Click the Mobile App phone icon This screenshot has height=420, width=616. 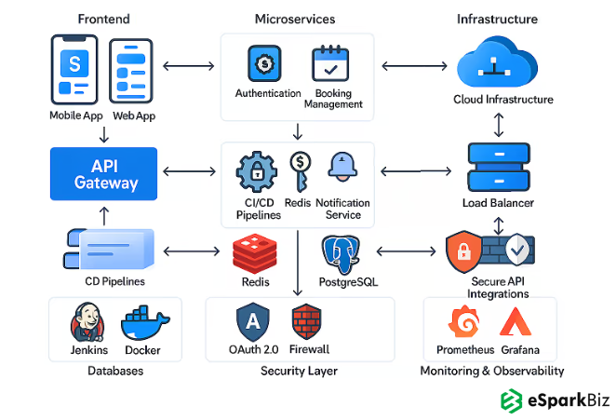click(x=74, y=70)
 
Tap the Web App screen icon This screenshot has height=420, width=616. click(x=132, y=70)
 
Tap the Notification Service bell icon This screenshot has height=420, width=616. click(x=341, y=169)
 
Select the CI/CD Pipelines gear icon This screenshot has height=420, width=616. click(x=256, y=170)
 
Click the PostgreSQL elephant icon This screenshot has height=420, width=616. click(x=341, y=254)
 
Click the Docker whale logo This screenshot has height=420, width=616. click(x=142, y=324)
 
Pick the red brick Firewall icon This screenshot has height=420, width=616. click(x=306, y=322)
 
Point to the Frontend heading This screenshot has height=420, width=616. click(x=103, y=20)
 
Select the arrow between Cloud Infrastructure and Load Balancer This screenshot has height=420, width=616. click(x=500, y=125)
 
